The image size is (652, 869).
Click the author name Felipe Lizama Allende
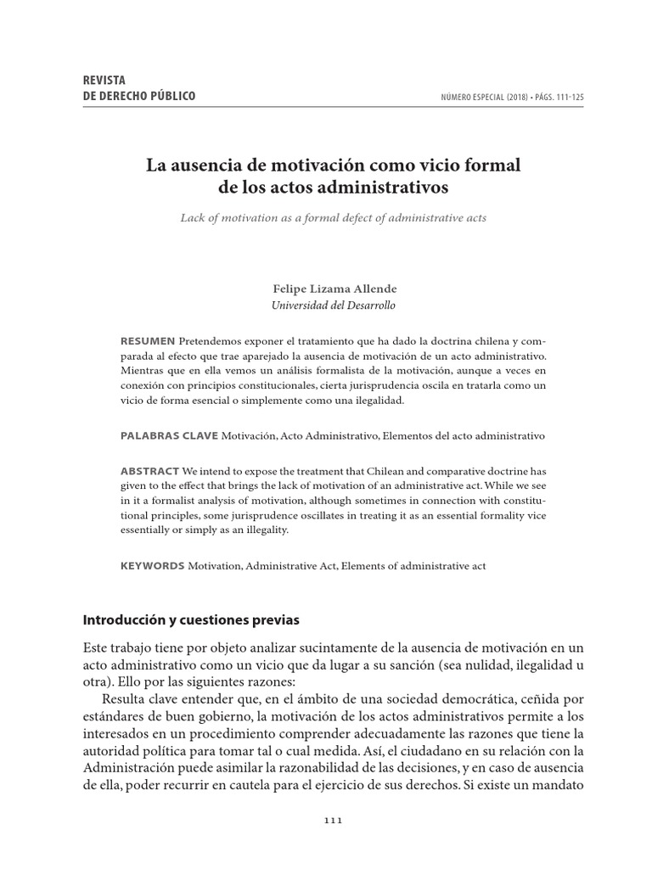coord(333,289)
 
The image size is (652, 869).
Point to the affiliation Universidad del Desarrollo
coord(333,306)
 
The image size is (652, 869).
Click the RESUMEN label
coord(148,340)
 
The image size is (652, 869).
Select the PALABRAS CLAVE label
coord(169,434)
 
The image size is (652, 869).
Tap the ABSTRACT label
coord(149,470)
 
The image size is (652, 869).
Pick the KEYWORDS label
coord(152,565)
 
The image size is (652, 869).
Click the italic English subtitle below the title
coord(333,218)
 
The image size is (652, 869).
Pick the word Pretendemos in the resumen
coord(209,340)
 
